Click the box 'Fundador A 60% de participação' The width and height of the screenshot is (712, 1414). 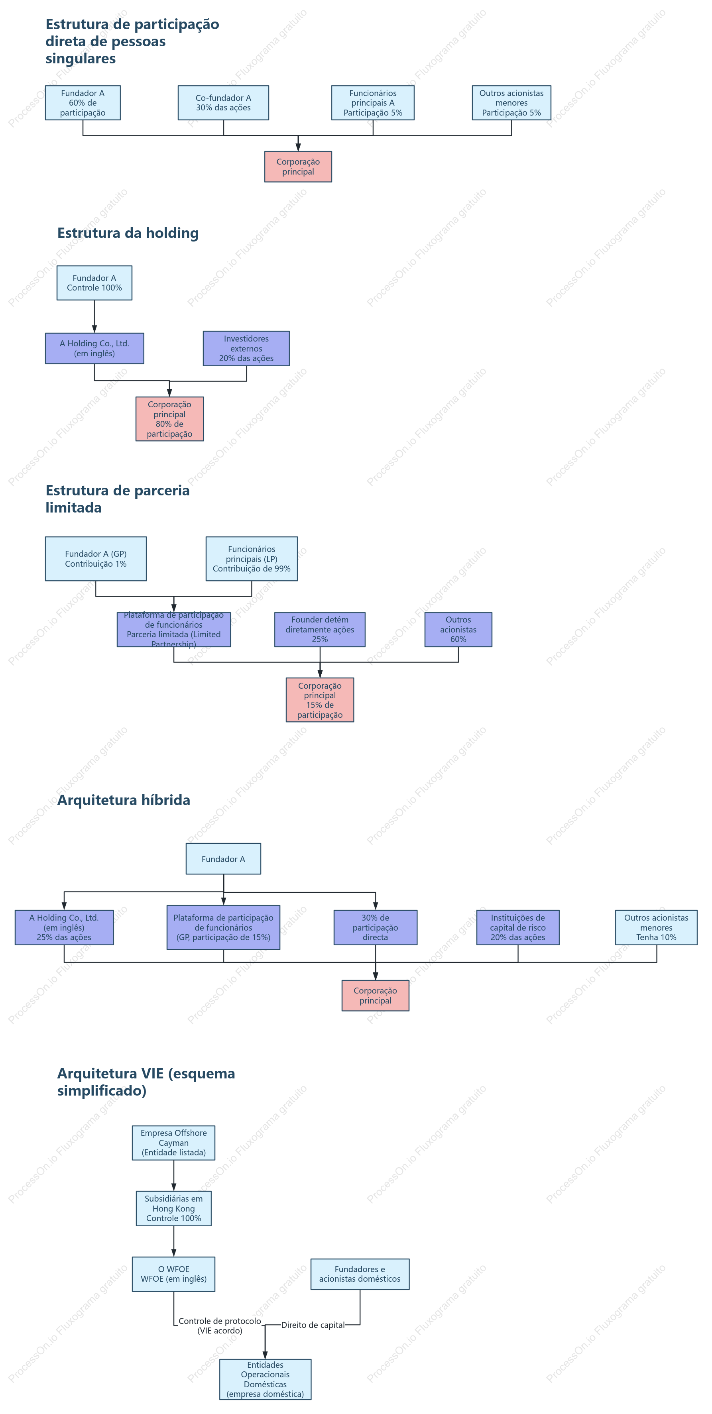coord(83,103)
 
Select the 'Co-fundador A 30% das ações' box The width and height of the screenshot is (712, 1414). coord(223,103)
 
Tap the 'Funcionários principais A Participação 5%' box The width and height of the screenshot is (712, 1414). coord(373,103)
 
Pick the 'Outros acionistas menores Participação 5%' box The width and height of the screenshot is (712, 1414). coord(511,103)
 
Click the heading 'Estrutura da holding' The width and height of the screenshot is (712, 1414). coord(128,233)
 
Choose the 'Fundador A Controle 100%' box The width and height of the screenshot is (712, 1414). coord(94,283)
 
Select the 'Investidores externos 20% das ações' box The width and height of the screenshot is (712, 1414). coord(246,349)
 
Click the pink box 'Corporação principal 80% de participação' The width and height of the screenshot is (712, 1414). coord(170,419)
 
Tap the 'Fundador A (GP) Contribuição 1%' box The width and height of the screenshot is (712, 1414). coord(96,559)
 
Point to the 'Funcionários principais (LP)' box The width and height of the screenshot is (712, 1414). coord(252,559)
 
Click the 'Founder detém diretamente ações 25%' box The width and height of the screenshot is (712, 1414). coord(320,630)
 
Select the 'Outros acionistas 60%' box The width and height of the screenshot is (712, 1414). coord(458,630)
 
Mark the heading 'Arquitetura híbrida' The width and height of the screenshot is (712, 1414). coord(124,800)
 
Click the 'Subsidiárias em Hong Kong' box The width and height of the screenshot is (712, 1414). coord(173,1208)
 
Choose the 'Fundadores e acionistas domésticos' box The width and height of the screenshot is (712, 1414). coord(360,1274)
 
